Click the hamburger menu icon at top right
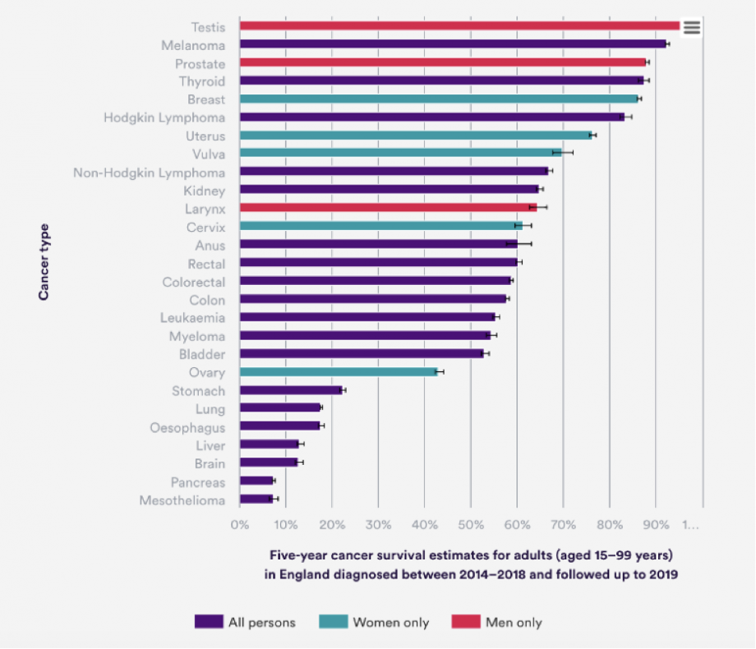[x=691, y=27]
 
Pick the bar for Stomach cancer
[x=291, y=390]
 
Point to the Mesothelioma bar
[x=256, y=499]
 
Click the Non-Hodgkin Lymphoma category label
[x=149, y=173]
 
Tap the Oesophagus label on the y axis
[x=187, y=427]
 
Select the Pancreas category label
[x=197, y=481]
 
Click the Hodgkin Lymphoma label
[x=164, y=117]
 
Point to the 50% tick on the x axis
[x=470, y=523]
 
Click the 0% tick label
[x=239, y=523]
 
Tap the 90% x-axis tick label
[x=655, y=523]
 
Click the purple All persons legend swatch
[x=209, y=622]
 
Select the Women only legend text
[x=390, y=623]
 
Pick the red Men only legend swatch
[x=466, y=622]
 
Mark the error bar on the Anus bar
[x=519, y=244]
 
